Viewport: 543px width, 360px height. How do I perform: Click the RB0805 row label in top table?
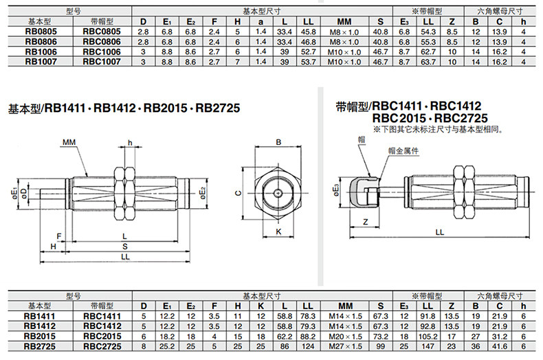41,32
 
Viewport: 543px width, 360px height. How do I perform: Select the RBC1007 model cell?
102,62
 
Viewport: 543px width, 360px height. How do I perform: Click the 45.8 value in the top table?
308,32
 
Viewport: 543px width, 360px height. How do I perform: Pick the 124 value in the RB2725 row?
308,346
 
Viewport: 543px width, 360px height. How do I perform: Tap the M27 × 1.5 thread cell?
345,346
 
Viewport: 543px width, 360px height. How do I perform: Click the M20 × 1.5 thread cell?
345,337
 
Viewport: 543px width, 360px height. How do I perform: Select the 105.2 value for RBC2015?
428,337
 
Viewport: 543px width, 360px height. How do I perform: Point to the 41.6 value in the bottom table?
499,346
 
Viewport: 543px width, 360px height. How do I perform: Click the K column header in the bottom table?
261,306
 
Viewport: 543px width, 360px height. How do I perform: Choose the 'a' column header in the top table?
261,22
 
